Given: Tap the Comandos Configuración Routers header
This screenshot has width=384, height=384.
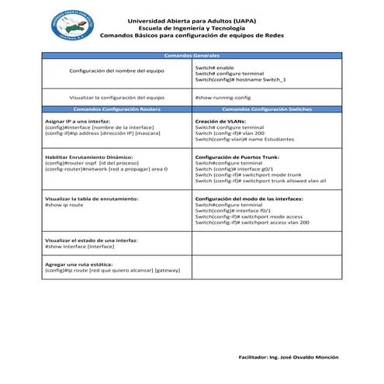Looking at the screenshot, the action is pos(116,110).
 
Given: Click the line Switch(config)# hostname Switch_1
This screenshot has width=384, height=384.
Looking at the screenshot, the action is pos(240,80).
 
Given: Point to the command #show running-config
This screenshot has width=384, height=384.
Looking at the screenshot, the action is pos(223,98).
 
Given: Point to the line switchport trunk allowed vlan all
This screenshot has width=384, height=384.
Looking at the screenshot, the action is pos(260,181).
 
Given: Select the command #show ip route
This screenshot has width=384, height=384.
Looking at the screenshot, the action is pos(64,205).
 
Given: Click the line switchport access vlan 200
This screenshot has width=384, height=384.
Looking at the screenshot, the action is pos(252,223).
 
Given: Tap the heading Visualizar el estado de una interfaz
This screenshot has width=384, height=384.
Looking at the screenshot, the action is pos(92,240).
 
